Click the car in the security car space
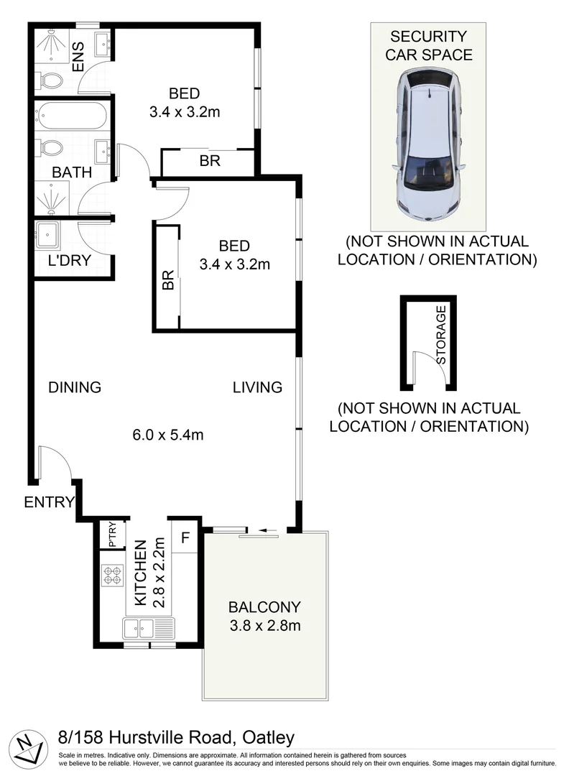pos(428,147)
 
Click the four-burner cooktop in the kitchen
pos(113,576)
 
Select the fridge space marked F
pos(185,537)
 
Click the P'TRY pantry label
pos(113,535)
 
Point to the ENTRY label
pos(49,502)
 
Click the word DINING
pos(75,387)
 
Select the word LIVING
pos(257,387)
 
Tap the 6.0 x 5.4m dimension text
pos(168,434)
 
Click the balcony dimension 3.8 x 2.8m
pos(264,625)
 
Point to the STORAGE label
pos(441,334)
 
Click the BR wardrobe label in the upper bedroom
pos(210,161)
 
